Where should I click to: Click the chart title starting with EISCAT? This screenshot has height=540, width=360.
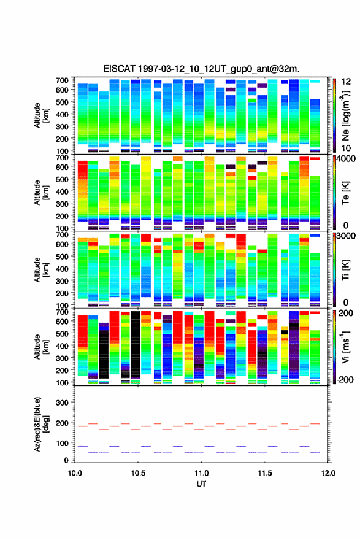tap(201, 69)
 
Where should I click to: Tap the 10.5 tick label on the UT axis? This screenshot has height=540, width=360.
tap(138, 473)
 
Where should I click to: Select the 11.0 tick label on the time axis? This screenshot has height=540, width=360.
tap(201, 473)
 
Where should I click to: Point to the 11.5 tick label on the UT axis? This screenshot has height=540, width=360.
tap(265, 473)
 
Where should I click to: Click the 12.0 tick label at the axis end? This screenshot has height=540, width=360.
tap(328, 473)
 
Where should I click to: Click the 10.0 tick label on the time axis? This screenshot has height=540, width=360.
tap(75, 473)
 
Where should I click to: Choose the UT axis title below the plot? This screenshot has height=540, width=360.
tap(201, 484)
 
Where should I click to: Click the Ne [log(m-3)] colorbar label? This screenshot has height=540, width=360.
tap(345, 115)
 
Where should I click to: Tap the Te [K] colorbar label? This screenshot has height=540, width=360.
tap(345, 193)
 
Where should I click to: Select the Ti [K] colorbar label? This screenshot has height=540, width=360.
tap(345, 270)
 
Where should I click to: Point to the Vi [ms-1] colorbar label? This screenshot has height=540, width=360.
tap(345, 347)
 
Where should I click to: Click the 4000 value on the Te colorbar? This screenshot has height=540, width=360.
tap(345, 159)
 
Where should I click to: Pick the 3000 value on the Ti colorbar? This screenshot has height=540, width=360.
tap(345, 236)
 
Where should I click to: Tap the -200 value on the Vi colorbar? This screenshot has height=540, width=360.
tap(345, 379)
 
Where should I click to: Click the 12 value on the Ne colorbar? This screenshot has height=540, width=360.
tap(346, 82)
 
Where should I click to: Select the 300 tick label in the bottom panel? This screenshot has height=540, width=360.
tap(63, 403)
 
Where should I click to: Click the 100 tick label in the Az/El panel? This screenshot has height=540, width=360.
tap(63, 443)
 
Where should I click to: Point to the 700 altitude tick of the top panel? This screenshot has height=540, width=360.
tap(63, 80)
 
